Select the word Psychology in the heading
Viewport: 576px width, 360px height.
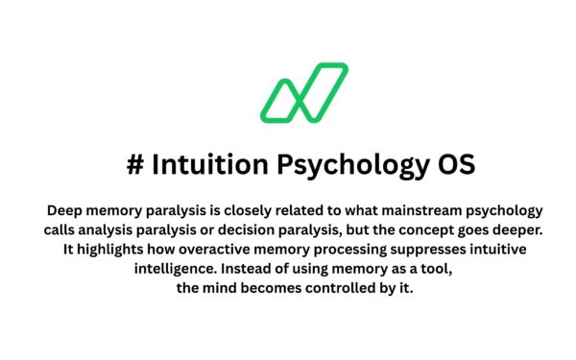340,165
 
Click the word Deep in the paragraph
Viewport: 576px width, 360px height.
64,210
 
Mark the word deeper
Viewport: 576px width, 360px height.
512,231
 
